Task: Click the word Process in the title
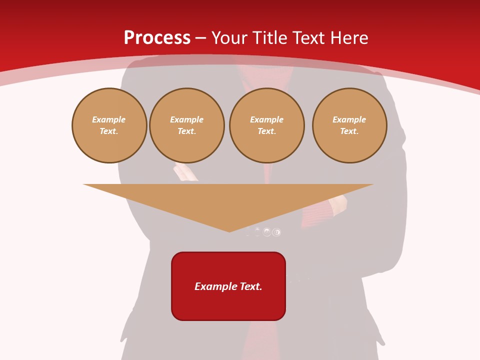tap(157, 38)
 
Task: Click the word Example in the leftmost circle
tap(109, 119)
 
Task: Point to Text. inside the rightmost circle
tap(349, 131)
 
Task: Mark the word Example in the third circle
tap(266, 119)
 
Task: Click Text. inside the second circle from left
tap(186, 131)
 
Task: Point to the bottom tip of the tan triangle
tap(229, 231)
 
